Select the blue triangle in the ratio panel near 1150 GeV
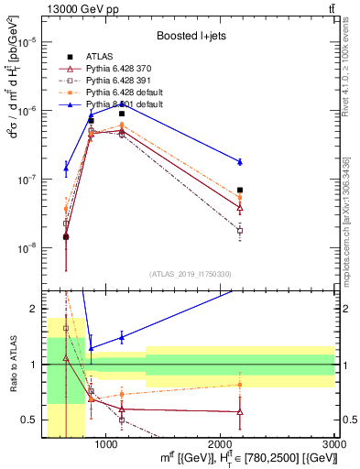(x=122, y=337)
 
